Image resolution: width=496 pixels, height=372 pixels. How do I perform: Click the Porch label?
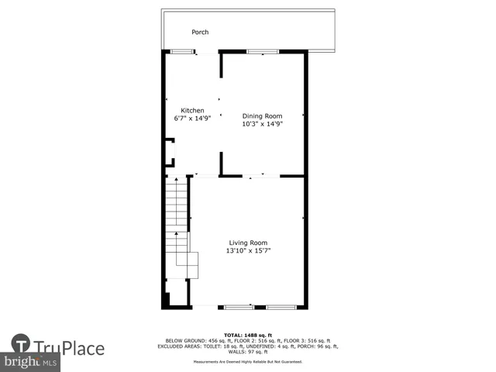[200, 32]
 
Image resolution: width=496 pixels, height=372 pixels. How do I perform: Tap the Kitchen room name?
[192, 110]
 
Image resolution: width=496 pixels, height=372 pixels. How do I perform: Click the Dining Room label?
[262, 115]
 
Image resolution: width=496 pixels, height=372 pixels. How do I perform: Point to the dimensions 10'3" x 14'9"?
[262, 123]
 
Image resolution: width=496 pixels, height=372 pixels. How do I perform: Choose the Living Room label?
[248, 243]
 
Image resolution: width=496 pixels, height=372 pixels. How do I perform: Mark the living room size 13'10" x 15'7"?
[248, 250]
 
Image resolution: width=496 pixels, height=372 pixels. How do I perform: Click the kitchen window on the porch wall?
[182, 52]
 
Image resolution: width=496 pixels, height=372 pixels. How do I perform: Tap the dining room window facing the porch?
[262, 52]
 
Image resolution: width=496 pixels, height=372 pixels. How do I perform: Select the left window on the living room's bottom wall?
[239, 308]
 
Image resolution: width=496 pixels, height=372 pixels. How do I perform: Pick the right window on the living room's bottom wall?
[281, 308]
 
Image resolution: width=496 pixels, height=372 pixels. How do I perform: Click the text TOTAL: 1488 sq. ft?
[248, 335]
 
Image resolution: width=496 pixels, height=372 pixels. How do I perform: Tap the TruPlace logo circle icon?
[21, 345]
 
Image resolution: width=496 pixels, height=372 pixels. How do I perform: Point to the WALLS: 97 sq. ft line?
[248, 351]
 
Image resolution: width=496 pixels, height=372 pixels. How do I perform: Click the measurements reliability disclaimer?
[248, 362]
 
